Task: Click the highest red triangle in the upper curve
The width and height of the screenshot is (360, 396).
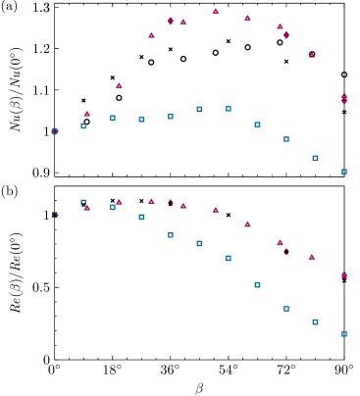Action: (216, 11)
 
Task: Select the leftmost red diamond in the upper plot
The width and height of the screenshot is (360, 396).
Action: (171, 21)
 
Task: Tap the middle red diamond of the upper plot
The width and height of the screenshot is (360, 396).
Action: (286, 35)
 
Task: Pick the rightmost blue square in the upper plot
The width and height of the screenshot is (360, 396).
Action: (344, 172)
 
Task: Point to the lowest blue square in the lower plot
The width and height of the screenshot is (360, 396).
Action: (344, 334)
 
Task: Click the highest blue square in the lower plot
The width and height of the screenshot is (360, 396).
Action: (83, 202)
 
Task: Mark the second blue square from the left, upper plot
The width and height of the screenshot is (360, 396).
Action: (83, 125)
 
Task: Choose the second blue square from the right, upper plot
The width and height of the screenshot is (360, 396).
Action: (315, 158)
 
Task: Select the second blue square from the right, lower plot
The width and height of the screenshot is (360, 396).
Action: (315, 322)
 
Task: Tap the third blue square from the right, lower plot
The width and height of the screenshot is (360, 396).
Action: (286, 309)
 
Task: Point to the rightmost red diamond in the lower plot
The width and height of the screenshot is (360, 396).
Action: (344, 275)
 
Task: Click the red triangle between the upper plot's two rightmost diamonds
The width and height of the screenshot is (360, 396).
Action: (312, 55)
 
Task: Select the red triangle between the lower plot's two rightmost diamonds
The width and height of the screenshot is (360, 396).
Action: (312, 257)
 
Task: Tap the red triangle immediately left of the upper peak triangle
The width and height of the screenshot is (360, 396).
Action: (183, 22)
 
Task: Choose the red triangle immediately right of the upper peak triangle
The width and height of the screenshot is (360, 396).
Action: (247, 18)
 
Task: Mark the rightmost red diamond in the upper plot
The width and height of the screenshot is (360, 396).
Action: (344, 98)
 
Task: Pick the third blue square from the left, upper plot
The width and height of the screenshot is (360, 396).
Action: (113, 118)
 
